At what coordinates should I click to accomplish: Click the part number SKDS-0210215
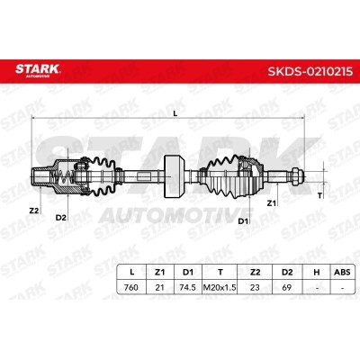pos(310,72)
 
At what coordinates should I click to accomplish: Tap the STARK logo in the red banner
pos(38,70)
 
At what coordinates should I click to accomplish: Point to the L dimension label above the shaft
pos(175,113)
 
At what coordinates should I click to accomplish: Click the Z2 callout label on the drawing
pos(34,211)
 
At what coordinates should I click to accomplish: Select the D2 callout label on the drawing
pos(60,218)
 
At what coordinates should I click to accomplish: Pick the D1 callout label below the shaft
pos(243,221)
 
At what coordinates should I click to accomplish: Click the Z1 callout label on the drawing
pos(271,203)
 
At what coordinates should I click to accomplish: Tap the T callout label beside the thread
pos(319,196)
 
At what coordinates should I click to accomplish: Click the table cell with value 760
pos(131,287)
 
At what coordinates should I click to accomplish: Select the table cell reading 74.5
pos(187,287)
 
